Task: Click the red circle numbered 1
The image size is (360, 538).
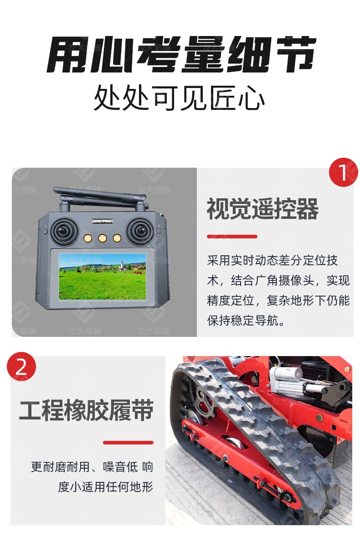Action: (x=343, y=172)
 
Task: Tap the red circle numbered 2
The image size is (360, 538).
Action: (x=21, y=367)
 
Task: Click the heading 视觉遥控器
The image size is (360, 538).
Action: (x=262, y=209)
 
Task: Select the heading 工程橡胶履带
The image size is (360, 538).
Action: (x=87, y=410)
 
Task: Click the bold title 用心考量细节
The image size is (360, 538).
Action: (x=181, y=55)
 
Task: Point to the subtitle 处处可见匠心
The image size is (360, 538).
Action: (x=179, y=98)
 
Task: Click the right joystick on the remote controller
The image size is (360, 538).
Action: (x=139, y=231)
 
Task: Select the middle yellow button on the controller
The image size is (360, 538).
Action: (x=102, y=238)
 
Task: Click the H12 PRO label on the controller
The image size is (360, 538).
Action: (x=103, y=221)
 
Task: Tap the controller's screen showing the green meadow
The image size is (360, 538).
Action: (x=103, y=276)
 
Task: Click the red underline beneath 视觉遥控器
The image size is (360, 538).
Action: (x=232, y=237)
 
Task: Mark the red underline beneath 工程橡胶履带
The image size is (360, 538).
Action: (x=128, y=443)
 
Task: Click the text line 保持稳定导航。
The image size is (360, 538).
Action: (x=246, y=321)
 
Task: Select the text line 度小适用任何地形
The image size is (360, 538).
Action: (x=106, y=487)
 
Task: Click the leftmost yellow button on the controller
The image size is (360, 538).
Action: (x=88, y=238)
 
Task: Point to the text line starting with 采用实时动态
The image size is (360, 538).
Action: (x=272, y=260)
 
